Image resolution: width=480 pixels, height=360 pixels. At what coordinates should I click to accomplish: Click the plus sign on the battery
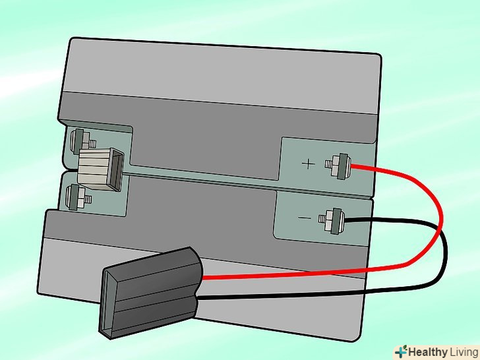tap(308, 164)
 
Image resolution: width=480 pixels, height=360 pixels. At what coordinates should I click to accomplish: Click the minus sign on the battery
tap(305, 218)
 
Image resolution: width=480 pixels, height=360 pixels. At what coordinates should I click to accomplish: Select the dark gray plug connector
tap(150, 292)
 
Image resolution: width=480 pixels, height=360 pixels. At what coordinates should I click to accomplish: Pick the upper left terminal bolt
tap(82, 141)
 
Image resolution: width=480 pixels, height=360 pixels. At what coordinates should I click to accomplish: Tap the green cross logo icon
tap(401, 352)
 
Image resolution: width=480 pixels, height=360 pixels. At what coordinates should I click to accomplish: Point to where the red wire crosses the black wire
tap(441, 229)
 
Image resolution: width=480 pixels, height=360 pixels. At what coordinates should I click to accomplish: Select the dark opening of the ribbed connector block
tap(117, 170)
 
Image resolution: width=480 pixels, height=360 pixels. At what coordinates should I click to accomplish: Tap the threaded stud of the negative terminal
tap(322, 219)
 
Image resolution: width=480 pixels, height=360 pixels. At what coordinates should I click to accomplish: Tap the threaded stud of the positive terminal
tap(328, 164)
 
